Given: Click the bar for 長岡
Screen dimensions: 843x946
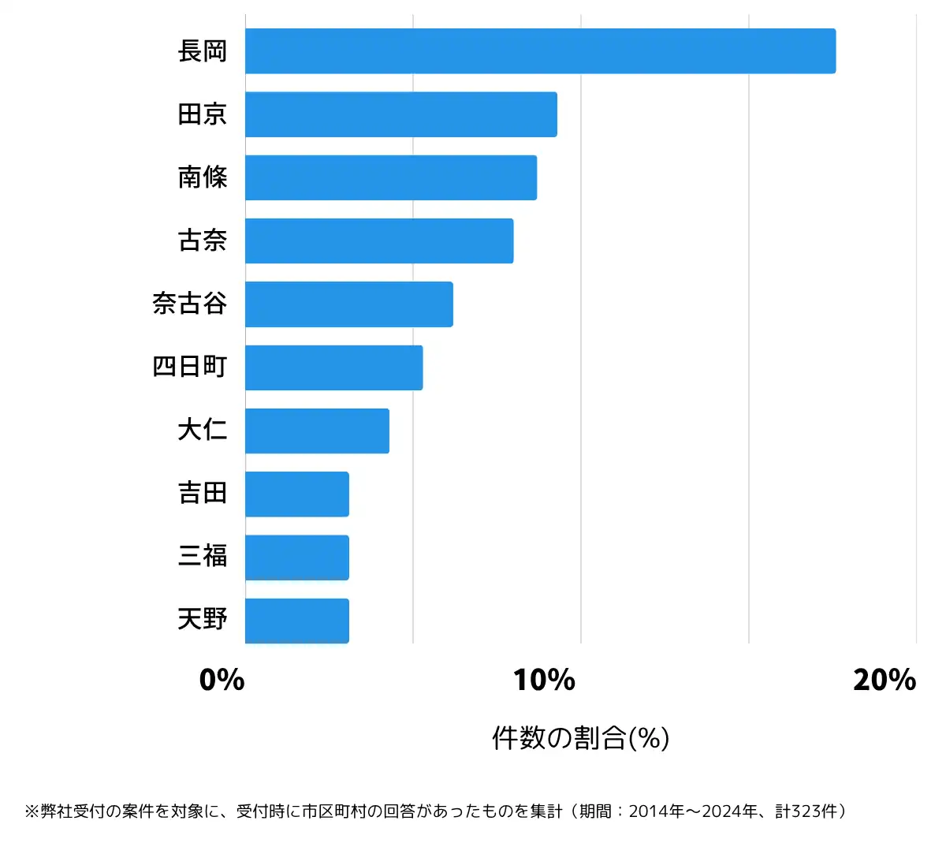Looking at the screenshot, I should tap(540, 51).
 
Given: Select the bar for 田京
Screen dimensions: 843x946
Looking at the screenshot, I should tap(400, 114).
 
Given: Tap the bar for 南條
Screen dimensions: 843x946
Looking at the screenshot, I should tap(390, 177).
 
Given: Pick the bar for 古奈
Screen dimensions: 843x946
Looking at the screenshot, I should tap(378, 241).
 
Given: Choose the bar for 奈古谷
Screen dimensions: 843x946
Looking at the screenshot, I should tap(348, 304).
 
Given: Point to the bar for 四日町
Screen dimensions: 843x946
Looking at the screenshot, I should tap(333, 367).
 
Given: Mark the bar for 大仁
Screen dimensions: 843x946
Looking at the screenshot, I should tap(317, 431).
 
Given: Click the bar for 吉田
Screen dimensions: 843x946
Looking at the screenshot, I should tap(296, 494).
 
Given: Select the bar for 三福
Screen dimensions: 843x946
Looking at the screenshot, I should tap(296, 558).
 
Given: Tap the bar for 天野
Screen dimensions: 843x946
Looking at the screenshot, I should tap(296, 621).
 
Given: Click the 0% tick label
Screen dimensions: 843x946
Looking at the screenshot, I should tap(222, 680).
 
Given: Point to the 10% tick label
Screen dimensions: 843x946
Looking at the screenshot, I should tap(544, 680).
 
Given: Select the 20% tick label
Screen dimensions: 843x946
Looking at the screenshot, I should tap(884, 680).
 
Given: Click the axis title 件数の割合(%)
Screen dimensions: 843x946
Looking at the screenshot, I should tap(580, 738).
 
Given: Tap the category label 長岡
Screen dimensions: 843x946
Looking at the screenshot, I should tap(203, 51).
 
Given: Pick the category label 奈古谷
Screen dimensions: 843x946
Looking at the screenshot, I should tap(190, 304).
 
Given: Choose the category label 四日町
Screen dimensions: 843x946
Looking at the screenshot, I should tap(190, 367).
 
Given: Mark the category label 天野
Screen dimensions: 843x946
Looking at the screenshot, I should tap(203, 620).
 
